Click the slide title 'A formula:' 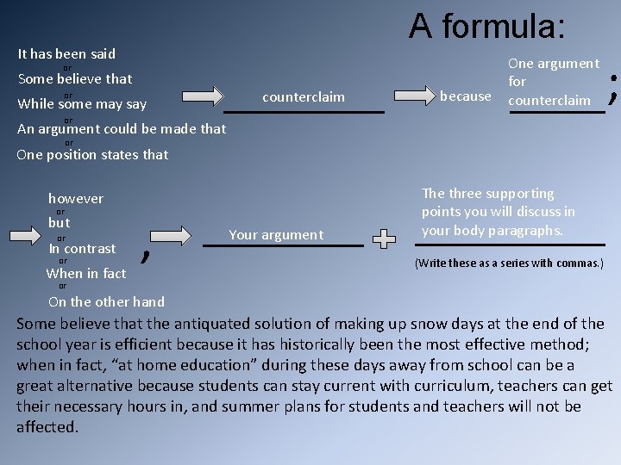click(487, 26)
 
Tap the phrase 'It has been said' click(66, 53)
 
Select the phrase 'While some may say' click(82, 104)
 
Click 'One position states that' click(92, 155)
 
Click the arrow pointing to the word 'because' click(412, 96)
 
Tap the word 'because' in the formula click(465, 96)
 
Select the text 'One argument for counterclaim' click(553, 82)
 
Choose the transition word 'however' click(75, 199)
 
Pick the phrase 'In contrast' click(82, 249)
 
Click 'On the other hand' click(106, 301)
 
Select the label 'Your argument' click(276, 234)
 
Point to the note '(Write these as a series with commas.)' click(509, 263)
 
